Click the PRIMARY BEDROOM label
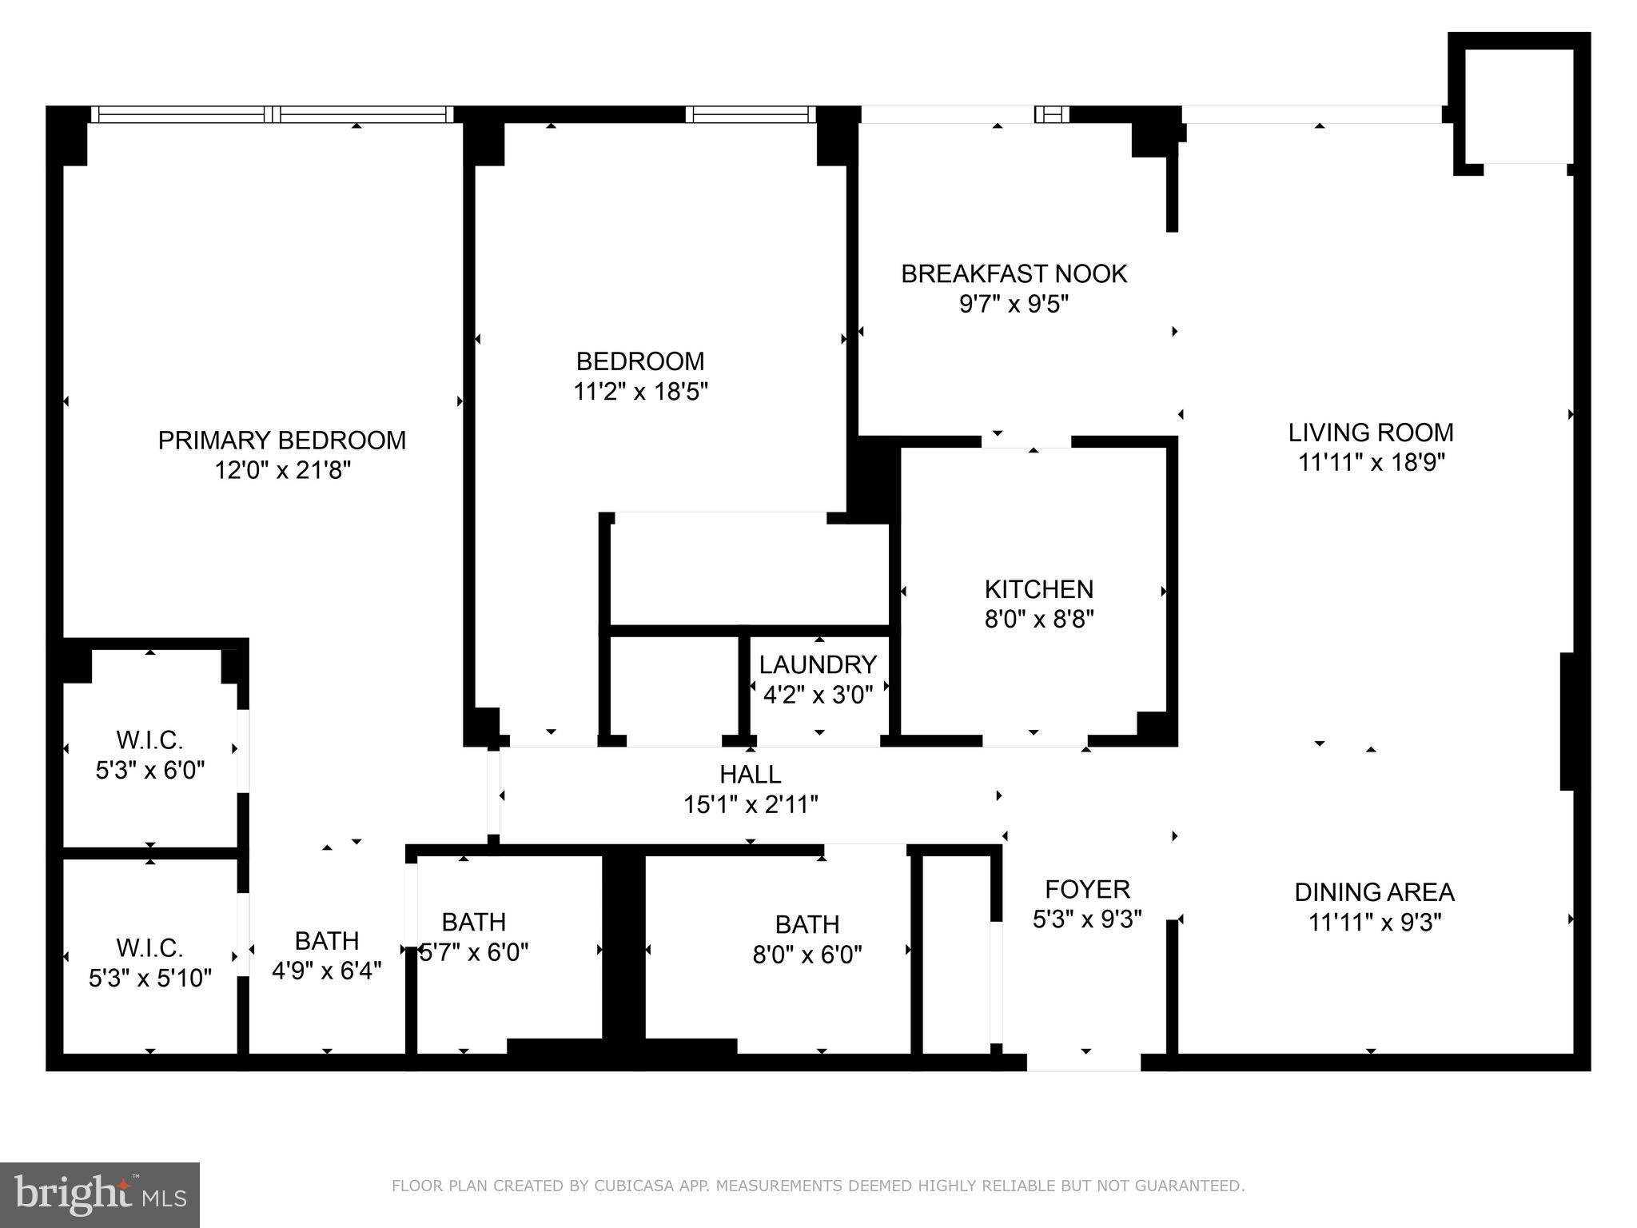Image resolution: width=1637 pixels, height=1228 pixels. [x=281, y=441]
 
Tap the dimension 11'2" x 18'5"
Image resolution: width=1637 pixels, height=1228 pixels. [x=640, y=392]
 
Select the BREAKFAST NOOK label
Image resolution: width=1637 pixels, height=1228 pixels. [x=1014, y=274]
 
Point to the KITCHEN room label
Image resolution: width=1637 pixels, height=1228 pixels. [x=1038, y=589]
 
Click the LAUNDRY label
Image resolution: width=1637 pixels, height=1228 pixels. [x=818, y=664]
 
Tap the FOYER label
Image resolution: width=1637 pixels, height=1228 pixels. [x=1087, y=889]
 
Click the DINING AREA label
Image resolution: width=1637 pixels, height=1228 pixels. [x=1374, y=891]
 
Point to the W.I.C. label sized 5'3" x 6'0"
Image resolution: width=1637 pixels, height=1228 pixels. [x=150, y=739]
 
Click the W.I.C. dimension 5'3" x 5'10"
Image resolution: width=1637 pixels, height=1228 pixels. [x=150, y=978]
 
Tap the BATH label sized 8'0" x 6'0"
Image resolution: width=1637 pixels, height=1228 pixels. [x=807, y=924]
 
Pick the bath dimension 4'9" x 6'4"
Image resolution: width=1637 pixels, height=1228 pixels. [x=326, y=971]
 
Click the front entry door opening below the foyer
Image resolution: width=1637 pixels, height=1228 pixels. [x=1083, y=1062]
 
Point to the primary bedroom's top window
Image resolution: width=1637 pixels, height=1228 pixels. [x=272, y=114]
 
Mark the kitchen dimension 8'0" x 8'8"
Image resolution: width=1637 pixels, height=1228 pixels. [x=1038, y=620]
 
